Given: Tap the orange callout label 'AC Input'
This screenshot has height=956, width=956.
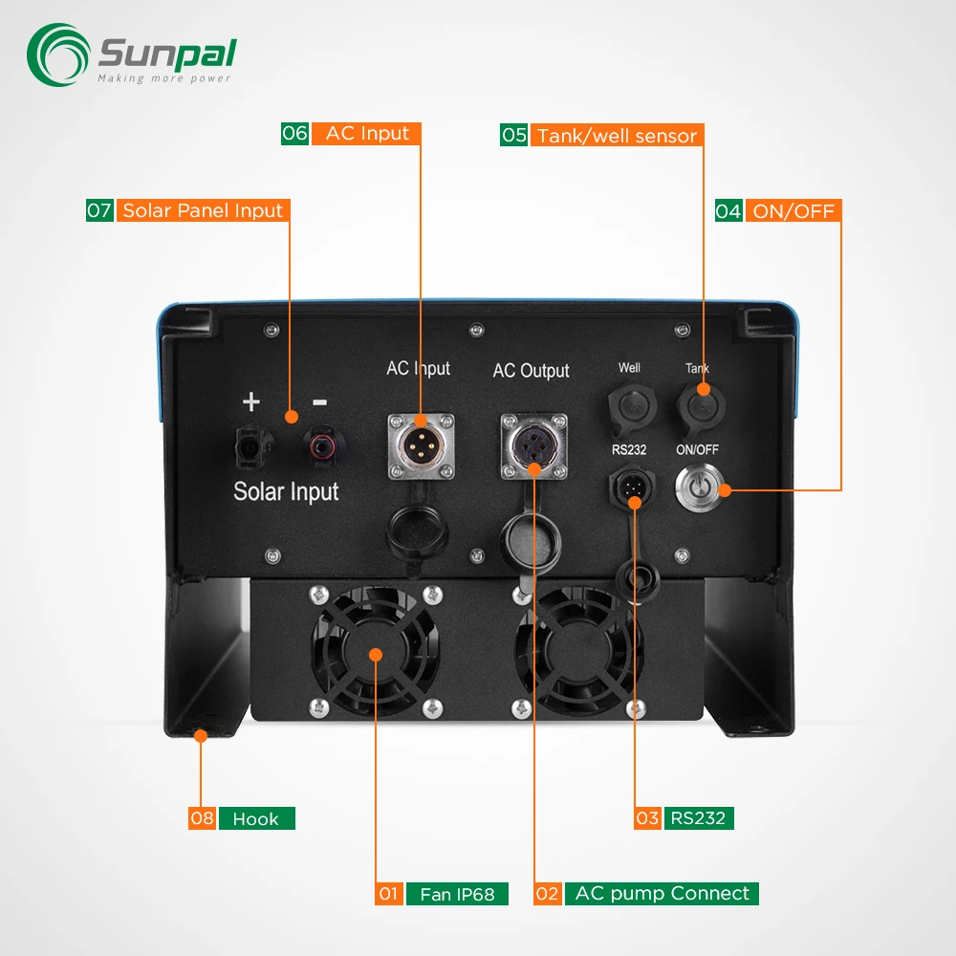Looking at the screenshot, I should click(367, 134).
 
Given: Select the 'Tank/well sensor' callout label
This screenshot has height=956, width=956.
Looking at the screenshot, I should click(617, 136).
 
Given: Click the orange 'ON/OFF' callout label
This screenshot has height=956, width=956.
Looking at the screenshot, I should click(793, 211).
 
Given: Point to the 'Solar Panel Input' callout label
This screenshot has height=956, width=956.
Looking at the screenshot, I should click(203, 210).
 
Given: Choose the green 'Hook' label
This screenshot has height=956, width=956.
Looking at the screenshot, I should click(256, 818).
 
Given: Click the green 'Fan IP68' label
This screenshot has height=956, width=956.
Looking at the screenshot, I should click(457, 895).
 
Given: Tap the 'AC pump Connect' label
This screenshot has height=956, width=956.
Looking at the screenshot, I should click(662, 894).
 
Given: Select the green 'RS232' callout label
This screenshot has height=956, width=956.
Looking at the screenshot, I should click(698, 817).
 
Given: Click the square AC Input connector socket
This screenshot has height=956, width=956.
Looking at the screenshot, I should click(420, 445).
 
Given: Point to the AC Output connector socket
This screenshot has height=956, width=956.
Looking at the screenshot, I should click(533, 445).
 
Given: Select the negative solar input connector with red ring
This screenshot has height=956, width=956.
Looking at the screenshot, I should click(319, 444).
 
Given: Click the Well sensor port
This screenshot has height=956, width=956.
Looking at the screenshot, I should click(629, 406).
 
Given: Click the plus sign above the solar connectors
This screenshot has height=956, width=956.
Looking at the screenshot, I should click(250, 402).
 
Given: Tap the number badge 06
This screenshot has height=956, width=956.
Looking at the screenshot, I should click(294, 134).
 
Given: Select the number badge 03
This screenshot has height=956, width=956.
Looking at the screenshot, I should click(647, 817).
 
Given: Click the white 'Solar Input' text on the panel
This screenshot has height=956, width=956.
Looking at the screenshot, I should click(286, 491).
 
